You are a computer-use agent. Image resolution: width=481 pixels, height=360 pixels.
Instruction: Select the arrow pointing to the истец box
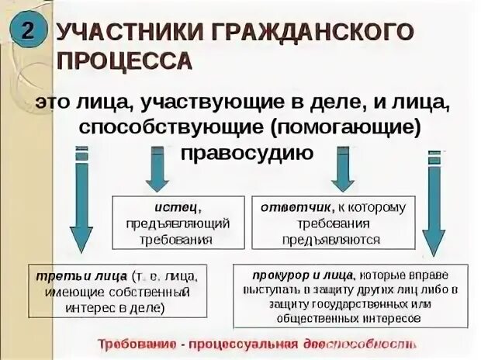[157, 171]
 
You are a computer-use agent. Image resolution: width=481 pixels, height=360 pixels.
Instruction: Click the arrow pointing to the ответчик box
[342, 171]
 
